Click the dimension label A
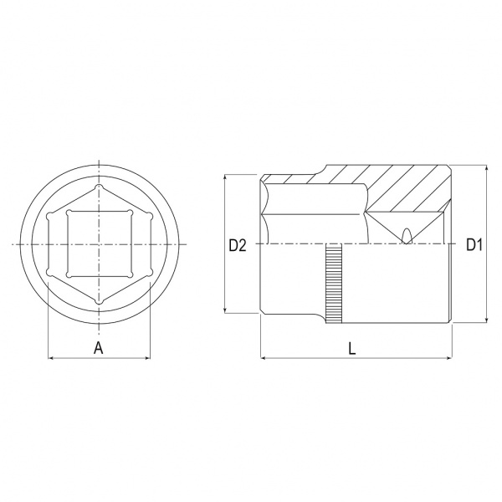coord(99,348)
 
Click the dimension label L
coord(352,348)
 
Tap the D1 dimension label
coord(474,245)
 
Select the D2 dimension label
coord(238,245)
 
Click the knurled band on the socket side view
coord(334,284)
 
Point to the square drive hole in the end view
coord(100,244)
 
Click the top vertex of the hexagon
coord(99,187)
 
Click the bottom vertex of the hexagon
coord(99,302)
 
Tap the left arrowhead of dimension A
coord(50,357)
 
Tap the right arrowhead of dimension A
coord(147,357)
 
